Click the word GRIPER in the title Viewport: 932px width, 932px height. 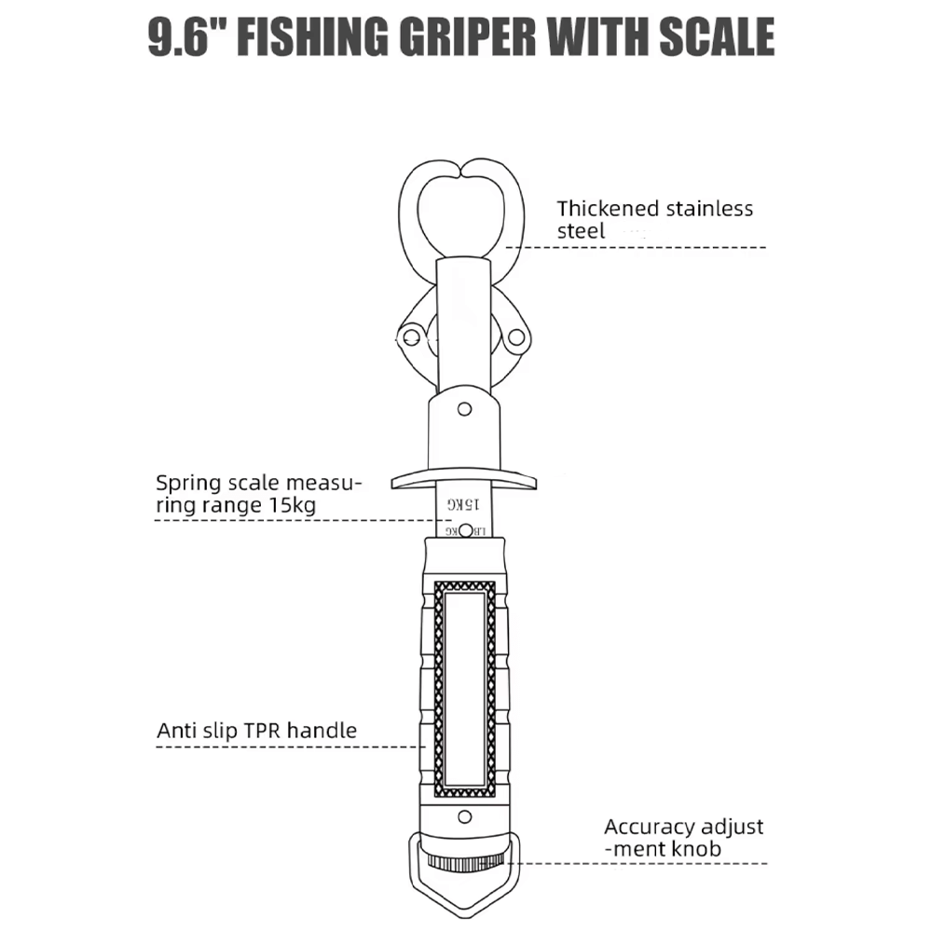tap(467, 37)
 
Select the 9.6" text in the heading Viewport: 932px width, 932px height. tap(188, 37)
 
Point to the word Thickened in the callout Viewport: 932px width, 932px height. tap(608, 209)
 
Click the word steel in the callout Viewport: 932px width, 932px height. tap(581, 231)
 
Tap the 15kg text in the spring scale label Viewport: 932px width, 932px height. tap(293, 505)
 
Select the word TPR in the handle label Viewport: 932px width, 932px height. tap(264, 731)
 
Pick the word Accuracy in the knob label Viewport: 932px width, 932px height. tap(641, 828)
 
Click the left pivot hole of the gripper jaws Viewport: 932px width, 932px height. tap(412, 338)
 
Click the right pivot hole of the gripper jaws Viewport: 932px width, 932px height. tap(516, 337)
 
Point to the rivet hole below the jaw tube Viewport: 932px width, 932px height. tap(464, 409)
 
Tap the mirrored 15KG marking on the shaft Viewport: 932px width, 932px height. tap(463, 504)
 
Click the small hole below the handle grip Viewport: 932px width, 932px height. tap(465, 816)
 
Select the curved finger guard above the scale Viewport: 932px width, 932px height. tap(463, 481)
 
